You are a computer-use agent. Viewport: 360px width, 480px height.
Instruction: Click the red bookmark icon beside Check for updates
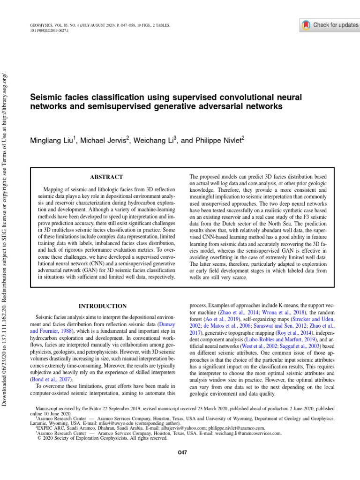[x=306, y=25]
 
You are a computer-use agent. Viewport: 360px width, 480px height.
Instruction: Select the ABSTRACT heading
[x=106, y=177]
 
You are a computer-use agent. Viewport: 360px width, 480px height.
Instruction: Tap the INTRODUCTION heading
[x=102, y=306]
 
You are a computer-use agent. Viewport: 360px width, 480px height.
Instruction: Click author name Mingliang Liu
[x=52, y=140]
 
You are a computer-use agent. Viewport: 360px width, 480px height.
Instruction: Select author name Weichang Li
[x=155, y=140]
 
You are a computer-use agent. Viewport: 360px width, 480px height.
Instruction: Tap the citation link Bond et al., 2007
[x=50, y=378]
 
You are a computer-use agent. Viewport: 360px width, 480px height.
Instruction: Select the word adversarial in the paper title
[x=225, y=107]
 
